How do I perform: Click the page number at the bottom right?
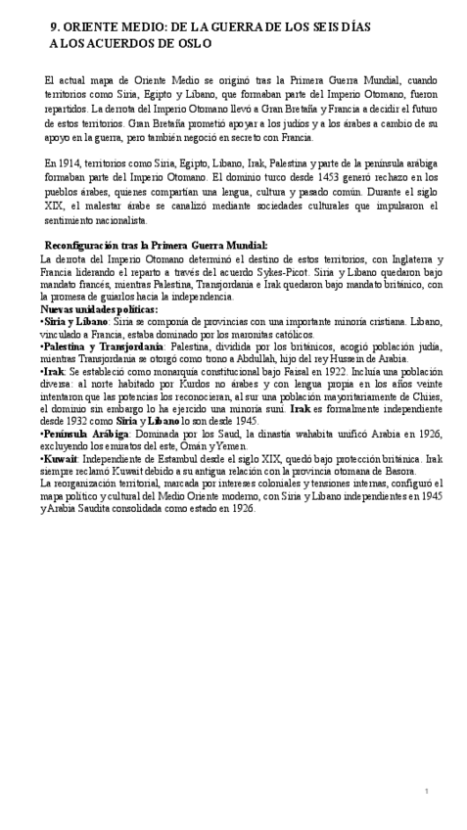tap(426, 790)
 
